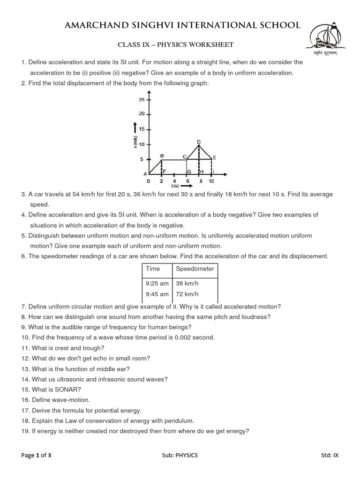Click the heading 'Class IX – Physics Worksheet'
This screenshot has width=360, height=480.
click(x=175, y=45)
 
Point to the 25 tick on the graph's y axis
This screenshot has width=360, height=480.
click(x=142, y=99)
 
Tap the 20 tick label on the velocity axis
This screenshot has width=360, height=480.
click(x=142, y=114)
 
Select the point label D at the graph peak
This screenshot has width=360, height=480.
click(x=199, y=142)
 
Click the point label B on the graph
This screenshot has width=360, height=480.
click(x=162, y=156)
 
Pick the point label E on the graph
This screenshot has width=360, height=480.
click(x=214, y=158)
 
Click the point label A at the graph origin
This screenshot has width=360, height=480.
click(x=145, y=174)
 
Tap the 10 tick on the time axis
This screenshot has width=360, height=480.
click(x=211, y=181)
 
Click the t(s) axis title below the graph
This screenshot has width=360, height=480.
click(x=175, y=186)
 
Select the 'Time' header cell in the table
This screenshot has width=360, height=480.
click(x=153, y=269)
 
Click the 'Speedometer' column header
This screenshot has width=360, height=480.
click(x=195, y=269)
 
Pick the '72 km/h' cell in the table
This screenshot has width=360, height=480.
click(x=187, y=294)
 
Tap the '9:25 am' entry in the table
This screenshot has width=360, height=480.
click(x=157, y=283)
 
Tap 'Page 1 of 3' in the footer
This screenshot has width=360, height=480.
click(x=36, y=455)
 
